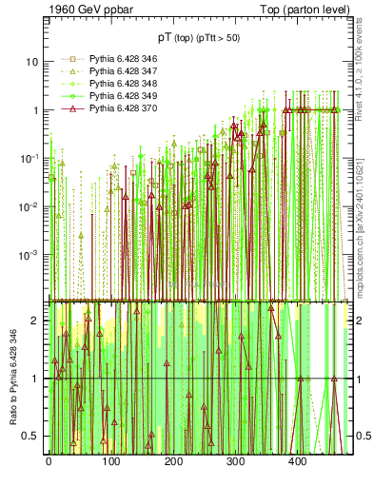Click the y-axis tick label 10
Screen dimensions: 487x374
pyautogui.click(x=32, y=62)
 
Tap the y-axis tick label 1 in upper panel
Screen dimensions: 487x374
pyautogui.click(x=36, y=110)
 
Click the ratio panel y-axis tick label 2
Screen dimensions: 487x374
pyautogui.click(x=36, y=321)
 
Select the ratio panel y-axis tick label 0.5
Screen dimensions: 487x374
pyautogui.click(x=31, y=436)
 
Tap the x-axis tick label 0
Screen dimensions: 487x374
pyautogui.click(x=49, y=461)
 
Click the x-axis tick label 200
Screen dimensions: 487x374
pyautogui.click(x=173, y=461)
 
